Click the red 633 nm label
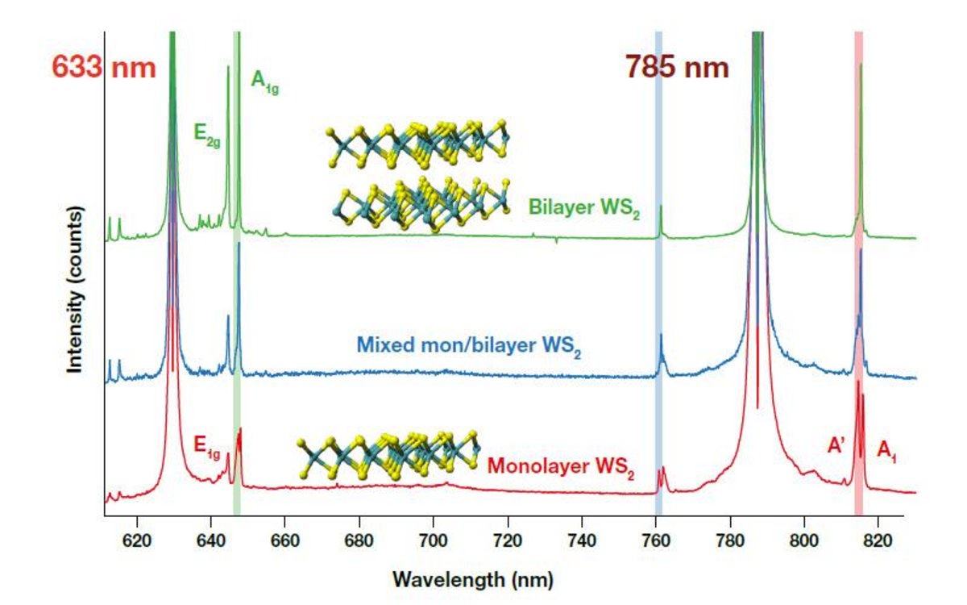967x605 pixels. pos(103,65)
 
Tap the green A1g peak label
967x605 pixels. pos(266,83)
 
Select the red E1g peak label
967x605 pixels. pos(207,444)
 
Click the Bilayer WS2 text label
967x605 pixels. pos(583,207)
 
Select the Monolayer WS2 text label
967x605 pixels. pos(560,468)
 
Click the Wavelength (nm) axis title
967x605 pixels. pos(472,579)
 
